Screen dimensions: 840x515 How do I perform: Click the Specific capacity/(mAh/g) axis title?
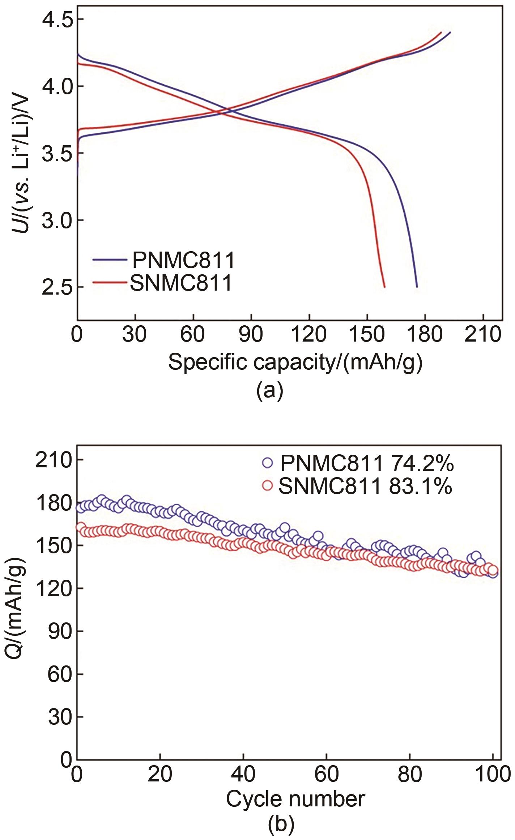pos(295,362)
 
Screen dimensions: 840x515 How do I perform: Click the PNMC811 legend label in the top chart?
pos(183,260)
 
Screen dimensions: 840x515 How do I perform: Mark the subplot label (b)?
pos(281,830)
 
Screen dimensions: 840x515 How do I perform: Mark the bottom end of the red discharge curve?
pos(384,287)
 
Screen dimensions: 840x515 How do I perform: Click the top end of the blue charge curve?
pos(450,32)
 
